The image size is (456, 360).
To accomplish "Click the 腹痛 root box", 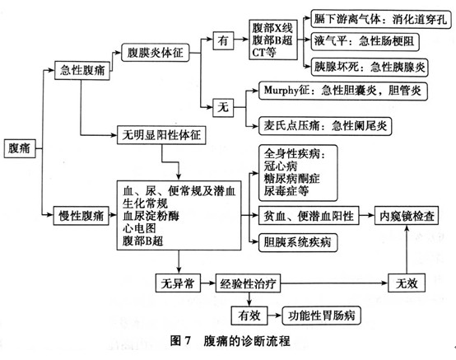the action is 20,148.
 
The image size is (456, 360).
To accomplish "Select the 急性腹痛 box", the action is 82,70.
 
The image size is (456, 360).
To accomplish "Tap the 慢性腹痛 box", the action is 81,216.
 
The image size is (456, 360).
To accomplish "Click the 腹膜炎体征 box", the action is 156,53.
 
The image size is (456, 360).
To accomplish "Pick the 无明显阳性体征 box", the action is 161,135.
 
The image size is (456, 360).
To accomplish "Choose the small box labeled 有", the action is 223,40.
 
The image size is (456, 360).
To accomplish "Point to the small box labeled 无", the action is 223,108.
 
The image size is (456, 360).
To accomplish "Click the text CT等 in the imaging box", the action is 264,53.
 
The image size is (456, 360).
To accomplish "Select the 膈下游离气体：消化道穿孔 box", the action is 381,19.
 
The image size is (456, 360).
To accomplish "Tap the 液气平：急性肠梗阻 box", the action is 365,42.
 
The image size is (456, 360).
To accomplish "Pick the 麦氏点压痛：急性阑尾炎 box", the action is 325,126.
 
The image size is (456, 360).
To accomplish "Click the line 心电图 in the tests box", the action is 139,228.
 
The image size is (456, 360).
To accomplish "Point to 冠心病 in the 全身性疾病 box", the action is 281,166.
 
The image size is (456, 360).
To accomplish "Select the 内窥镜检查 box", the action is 407,216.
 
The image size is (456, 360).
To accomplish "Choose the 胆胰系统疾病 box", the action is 298,242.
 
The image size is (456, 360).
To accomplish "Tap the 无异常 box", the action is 178,283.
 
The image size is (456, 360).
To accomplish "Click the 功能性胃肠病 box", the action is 321,316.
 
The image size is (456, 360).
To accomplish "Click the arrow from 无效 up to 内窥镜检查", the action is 407,250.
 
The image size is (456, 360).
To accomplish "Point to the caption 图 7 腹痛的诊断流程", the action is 230,340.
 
